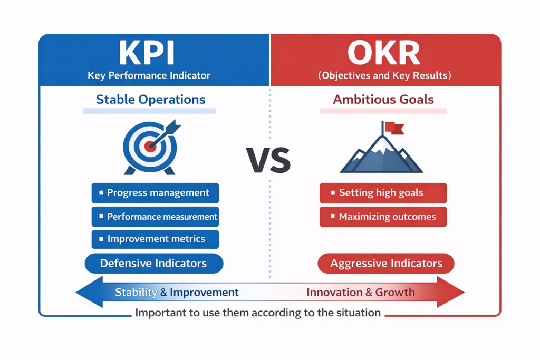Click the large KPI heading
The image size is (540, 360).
tap(146, 53)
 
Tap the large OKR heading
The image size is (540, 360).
tap(384, 53)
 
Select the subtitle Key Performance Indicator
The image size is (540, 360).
tap(149, 75)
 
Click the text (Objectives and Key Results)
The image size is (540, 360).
tap(384, 75)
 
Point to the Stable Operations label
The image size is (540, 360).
tap(150, 100)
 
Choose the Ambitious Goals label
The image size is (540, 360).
tap(383, 100)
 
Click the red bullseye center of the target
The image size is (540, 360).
tap(150, 146)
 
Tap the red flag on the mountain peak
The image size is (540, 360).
tap(393, 127)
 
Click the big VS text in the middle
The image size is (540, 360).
tap(268, 160)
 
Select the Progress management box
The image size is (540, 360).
tap(155, 193)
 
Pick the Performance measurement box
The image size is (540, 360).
tap(155, 217)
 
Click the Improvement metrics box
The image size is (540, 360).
tap(155, 239)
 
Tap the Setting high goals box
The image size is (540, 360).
tap(383, 193)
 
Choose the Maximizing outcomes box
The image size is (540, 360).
tap(383, 217)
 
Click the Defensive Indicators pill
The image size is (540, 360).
tap(153, 264)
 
